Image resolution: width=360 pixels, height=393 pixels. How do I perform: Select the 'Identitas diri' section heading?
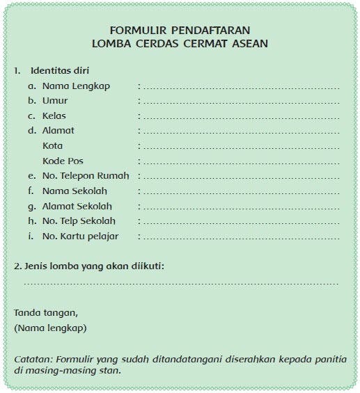(x=59, y=70)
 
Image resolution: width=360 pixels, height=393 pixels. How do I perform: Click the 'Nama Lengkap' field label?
(x=76, y=86)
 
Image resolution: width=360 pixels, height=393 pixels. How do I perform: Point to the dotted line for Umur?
(x=240, y=102)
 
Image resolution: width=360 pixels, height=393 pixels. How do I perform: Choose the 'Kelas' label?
(x=54, y=116)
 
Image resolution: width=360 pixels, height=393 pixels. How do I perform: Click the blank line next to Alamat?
(x=240, y=131)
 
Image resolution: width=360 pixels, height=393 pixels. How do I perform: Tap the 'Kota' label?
(x=52, y=146)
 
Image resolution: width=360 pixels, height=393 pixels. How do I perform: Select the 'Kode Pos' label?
(x=63, y=161)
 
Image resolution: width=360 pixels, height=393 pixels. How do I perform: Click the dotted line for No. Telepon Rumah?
(x=240, y=177)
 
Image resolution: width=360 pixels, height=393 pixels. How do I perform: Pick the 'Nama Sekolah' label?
(x=75, y=191)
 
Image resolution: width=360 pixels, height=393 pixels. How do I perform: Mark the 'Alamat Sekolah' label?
(x=77, y=207)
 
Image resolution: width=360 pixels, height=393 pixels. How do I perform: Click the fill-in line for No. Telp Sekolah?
(x=240, y=222)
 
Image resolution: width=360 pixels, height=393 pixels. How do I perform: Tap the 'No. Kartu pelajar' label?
(x=80, y=236)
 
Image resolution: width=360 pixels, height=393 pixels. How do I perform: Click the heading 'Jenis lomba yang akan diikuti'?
(x=94, y=266)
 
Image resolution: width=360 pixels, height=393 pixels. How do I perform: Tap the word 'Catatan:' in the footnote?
(x=32, y=358)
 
